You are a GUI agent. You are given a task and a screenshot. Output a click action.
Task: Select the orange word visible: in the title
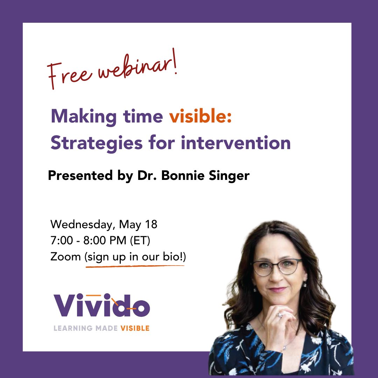201,117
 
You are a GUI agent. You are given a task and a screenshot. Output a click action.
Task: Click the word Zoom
65,257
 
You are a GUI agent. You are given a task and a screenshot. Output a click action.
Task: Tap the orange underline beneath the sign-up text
135,267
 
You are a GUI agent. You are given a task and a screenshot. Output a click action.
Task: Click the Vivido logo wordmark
101,306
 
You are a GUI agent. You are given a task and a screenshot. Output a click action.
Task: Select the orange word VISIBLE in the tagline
135,328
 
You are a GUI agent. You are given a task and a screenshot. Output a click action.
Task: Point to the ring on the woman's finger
279,315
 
